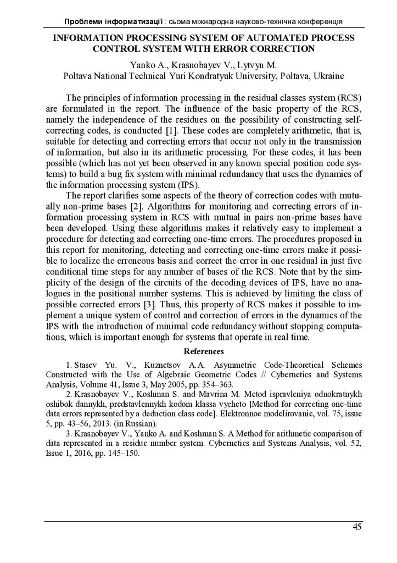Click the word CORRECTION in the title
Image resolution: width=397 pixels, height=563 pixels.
click(281, 48)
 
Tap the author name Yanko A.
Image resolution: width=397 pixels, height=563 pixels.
click(145, 65)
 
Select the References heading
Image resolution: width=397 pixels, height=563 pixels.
click(204, 351)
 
